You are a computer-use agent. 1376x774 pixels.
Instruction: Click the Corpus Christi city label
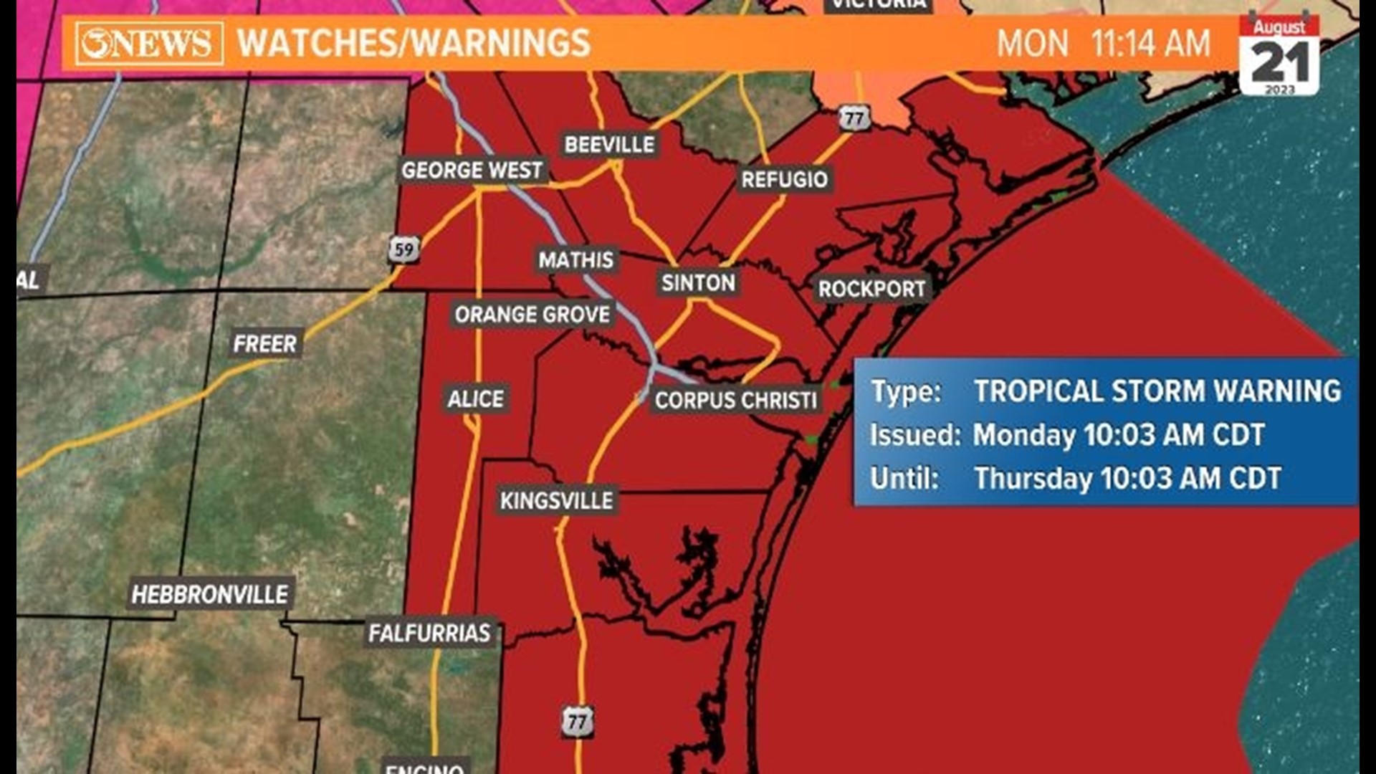click(x=735, y=400)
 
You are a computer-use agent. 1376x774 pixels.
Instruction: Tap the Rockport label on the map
click(x=871, y=289)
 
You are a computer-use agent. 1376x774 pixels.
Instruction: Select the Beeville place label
click(x=609, y=145)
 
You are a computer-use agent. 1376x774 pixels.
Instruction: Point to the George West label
click(x=472, y=171)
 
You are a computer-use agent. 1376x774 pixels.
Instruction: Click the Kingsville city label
click(x=556, y=500)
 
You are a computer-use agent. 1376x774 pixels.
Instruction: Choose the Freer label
click(x=264, y=344)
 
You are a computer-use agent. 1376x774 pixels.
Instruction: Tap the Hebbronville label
click(x=210, y=594)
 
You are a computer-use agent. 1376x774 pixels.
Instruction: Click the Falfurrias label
click(x=429, y=633)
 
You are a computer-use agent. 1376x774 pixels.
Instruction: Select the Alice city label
click(x=476, y=398)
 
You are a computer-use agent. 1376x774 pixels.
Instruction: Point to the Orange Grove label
click(x=532, y=315)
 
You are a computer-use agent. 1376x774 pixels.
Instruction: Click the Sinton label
click(x=698, y=283)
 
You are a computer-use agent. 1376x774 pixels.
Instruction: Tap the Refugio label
click(x=784, y=179)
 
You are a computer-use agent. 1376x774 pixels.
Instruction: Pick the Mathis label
click(x=576, y=259)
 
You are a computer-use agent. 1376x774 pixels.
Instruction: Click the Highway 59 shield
click(x=404, y=249)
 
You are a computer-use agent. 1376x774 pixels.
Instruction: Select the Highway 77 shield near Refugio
click(x=854, y=118)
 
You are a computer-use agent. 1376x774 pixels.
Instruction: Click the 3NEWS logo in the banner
click(x=149, y=44)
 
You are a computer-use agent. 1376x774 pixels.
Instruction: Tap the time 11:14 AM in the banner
click(x=1150, y=44)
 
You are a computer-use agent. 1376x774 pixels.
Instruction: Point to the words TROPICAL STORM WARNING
click(x=1157, y=391)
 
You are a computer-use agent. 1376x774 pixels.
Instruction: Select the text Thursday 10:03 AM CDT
click(x=1127, y=479)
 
